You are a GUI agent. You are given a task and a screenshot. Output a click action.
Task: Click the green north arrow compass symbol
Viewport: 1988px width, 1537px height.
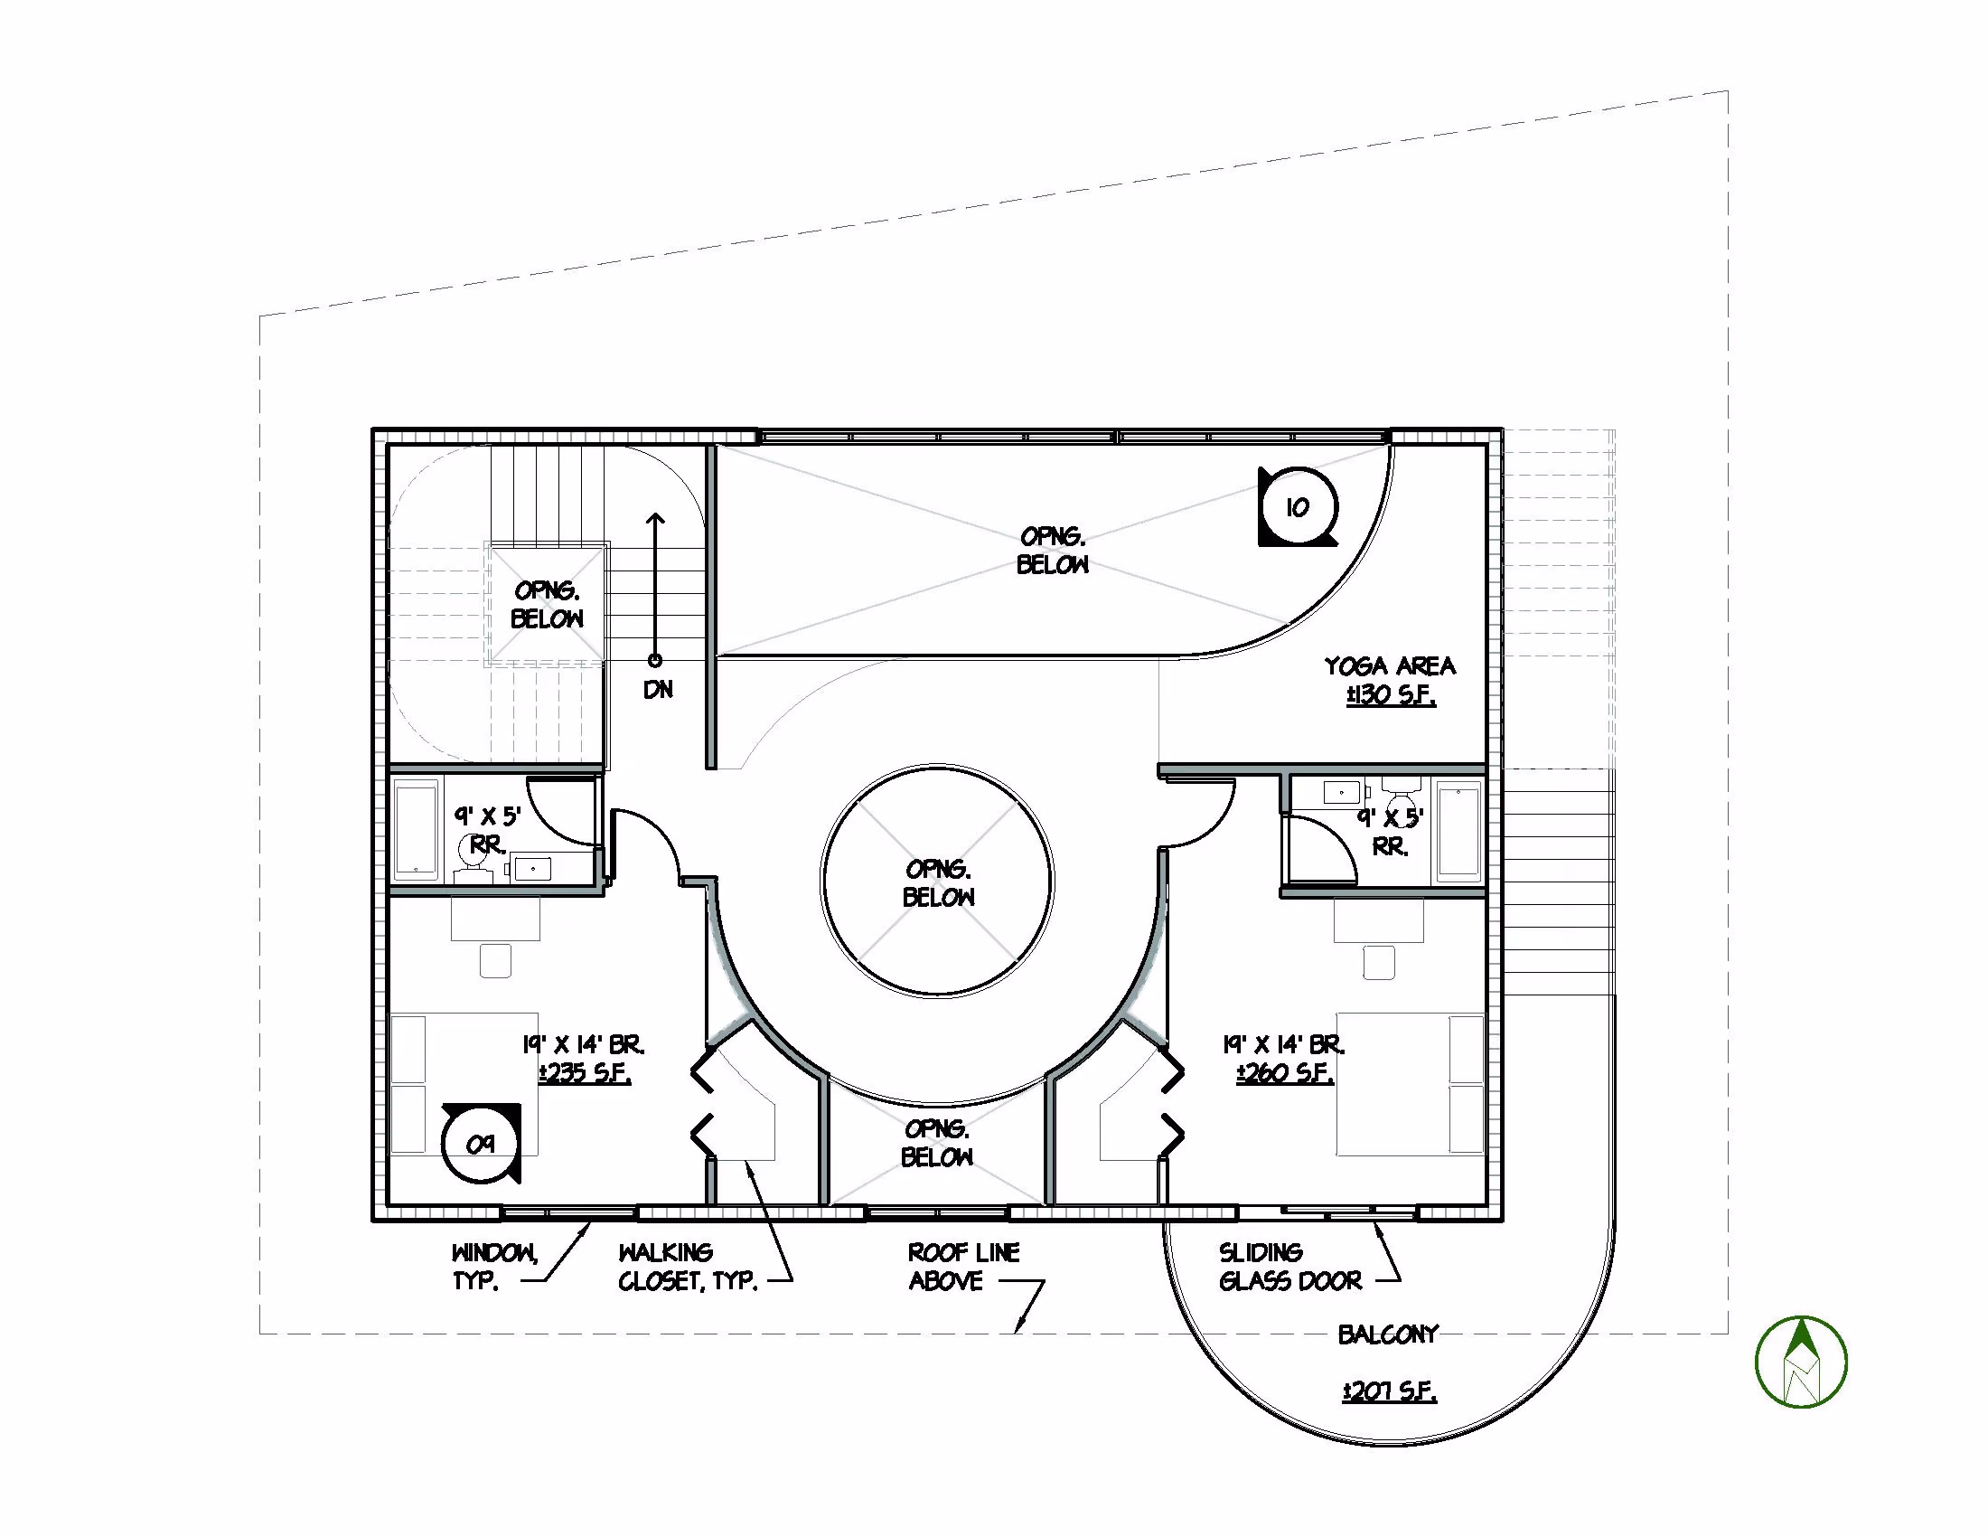click(1800, 1362)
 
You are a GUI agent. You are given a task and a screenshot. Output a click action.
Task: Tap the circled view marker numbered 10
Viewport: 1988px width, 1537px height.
click(1298, 507)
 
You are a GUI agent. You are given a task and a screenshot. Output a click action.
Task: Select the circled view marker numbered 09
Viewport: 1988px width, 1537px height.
click(482, 1144)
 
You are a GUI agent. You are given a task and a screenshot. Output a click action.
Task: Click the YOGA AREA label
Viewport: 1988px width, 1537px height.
click(1389, 666)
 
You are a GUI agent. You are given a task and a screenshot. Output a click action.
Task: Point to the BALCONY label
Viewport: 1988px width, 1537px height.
click(1388, 1334)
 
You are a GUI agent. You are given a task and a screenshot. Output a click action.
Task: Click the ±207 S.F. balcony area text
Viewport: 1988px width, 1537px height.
click(1389, 1391)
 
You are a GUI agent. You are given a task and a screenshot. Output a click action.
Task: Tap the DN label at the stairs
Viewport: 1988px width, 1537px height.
click(658, 690)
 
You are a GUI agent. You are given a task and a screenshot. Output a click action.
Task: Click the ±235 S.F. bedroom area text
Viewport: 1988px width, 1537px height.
click(585, 1072)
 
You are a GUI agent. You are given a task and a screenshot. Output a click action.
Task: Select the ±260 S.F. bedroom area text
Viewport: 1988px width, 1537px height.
click(1284, 1073)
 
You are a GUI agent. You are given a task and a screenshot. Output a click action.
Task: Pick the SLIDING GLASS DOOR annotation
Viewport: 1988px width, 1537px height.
click(1289, 1267)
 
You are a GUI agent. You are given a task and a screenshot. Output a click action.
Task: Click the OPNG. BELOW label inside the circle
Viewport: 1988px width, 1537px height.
click(939, 883)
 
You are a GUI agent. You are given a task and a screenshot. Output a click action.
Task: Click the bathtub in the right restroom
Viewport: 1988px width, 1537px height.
click(1459, 830)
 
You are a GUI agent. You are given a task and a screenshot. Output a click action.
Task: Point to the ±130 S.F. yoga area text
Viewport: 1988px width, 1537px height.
click(1391, 696)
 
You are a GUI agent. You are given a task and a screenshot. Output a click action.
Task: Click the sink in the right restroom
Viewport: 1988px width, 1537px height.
click(1342, 792)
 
